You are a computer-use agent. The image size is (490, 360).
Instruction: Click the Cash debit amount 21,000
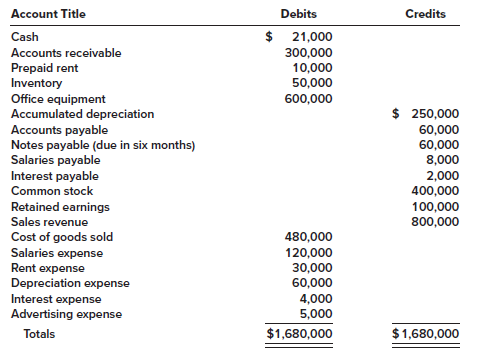tap(311, 37)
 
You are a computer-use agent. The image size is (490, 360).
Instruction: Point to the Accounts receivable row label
tap(66, 53)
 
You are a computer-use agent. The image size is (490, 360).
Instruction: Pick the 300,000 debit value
tap(309, 53)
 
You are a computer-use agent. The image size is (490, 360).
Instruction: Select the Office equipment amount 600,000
tap(309, 99)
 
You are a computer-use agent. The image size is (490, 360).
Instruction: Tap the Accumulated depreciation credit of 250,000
tap(435, 114)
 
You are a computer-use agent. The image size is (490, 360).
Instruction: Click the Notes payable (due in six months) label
tap(102, 145)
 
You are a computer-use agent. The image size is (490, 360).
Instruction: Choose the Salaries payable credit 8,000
tap(443, 160)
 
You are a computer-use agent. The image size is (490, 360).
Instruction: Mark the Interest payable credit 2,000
tap(443, 176)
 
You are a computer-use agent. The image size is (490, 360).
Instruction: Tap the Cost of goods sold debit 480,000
tap(309, 237)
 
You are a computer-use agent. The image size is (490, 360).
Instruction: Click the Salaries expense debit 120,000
tap(309, 253)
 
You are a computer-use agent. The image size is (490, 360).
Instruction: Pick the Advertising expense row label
tap(66, 315)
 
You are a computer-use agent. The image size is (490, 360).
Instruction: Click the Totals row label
tap(41, 334)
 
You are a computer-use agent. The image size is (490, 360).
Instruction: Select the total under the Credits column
tap(426, 334)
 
